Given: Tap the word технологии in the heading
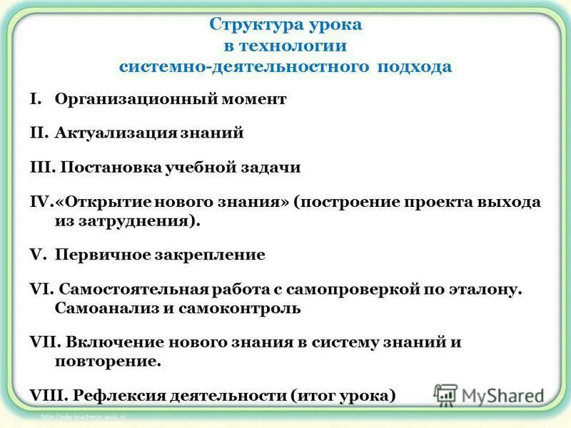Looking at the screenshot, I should pos(290,46).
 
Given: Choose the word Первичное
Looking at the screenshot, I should pos(97,255).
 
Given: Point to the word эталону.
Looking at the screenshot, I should pos(492,290).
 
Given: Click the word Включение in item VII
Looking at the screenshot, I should pos(106,342).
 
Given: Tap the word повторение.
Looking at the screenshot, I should pos(107,362).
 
